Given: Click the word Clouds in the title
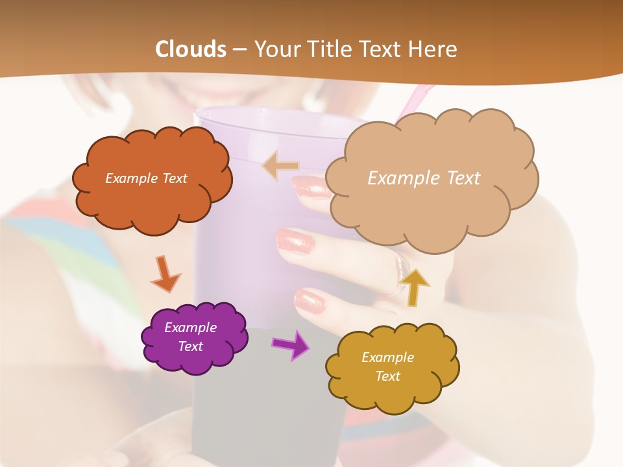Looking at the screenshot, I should coord(190,49).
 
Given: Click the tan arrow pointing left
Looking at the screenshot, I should coord(281,166).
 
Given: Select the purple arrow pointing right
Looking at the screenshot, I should coord(291,344).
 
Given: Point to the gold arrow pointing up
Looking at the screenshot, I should coord(414,286).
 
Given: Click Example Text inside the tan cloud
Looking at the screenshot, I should coord(424,178).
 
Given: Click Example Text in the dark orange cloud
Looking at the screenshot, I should coord(146,178).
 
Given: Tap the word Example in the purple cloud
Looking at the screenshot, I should coord(190,328).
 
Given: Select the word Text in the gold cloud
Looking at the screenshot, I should coord(387,376).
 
